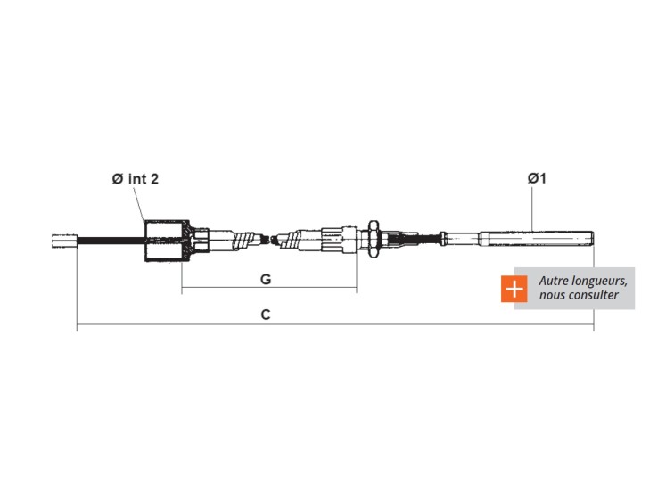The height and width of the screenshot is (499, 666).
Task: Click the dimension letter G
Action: point(266,279)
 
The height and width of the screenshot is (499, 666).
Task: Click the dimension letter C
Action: point(266,315)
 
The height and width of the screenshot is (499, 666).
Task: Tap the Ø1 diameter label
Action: point(537,178)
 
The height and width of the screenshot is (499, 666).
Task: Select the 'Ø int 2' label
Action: point(135,179)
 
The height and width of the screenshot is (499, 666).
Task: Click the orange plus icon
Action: point(514,289)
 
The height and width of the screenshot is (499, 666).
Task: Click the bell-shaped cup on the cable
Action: point(168,241)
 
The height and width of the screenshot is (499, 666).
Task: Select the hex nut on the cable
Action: point(374,239)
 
